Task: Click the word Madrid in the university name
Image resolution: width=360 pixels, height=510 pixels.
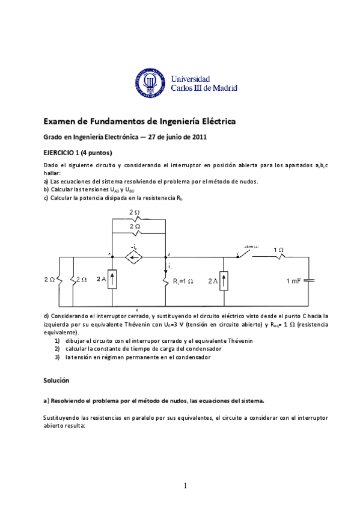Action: point(224,88)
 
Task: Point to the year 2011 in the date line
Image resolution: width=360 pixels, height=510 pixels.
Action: point(198,137)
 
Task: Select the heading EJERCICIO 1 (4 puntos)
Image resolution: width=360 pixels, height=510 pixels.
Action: point(78,152)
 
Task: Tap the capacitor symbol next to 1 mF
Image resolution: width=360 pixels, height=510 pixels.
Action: point(309,280)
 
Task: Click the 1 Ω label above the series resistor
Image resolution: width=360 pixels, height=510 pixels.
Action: point(279,248)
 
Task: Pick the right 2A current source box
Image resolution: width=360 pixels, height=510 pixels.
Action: point(224,280)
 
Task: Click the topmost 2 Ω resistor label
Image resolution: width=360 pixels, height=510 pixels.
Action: point(135,212)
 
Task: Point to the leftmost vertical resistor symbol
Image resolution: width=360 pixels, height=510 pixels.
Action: point(59,280)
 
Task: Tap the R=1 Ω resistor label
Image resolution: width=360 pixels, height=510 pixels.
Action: point(183,281)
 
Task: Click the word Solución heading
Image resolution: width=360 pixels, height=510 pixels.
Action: point(56,381)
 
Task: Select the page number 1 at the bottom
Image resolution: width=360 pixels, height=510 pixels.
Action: point(186,485)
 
